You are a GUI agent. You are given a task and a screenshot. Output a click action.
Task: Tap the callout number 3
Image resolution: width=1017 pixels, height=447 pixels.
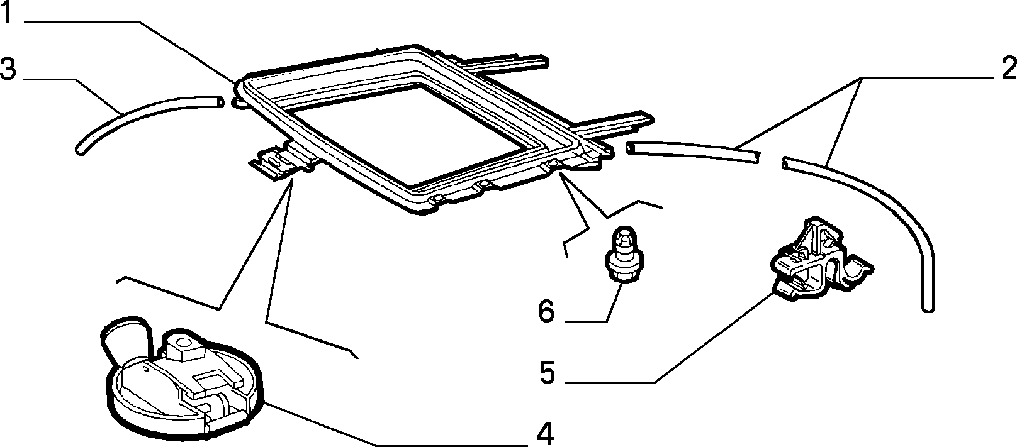tap(8, 70)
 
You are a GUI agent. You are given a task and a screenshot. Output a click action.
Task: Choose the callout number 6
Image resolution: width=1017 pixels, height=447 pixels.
tap(546, 311)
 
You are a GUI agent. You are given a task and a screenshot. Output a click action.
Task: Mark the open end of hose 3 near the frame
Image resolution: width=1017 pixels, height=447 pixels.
tap(220, 102)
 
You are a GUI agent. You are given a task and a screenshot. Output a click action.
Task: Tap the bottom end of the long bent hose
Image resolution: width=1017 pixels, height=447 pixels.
tap(928, 308)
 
